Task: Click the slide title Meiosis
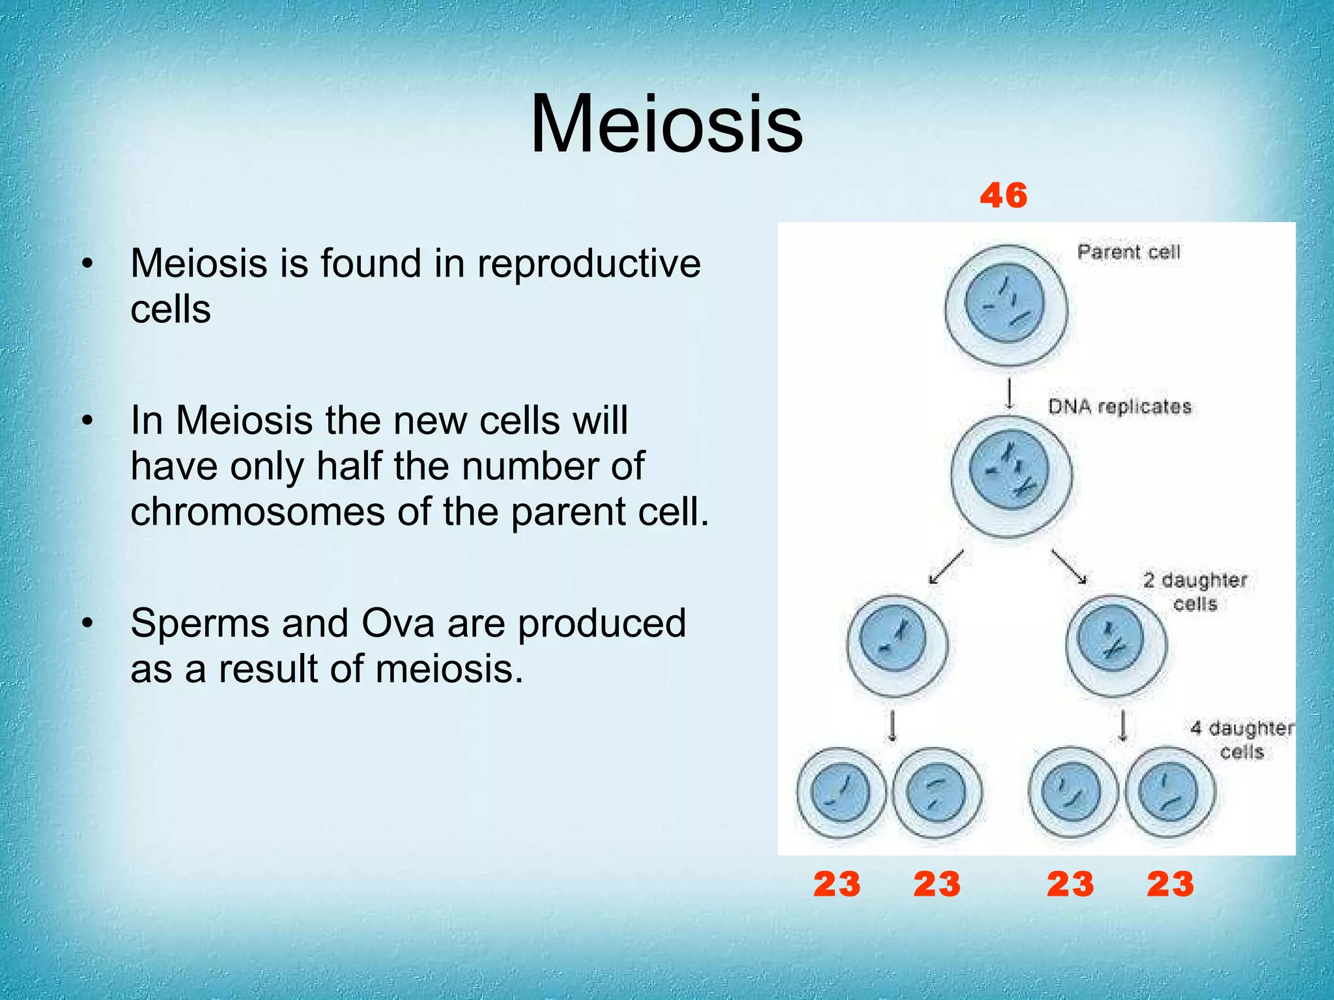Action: pyautogui.click(x=666, y=124)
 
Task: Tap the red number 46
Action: pyautogui.click(x=1003, y=195)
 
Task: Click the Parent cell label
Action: pyautogui.click(x=1128, y=252)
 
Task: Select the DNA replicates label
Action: pyautogui.click(x=1119, y=407)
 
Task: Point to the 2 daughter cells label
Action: pyautogui.click(x=1195, y=591)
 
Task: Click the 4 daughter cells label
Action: pyautogui.click(x=1242, y=740)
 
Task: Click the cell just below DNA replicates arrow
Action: pyautogui.click(x=1010, y=476)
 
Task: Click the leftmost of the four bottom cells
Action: pyautogui.click(x=841, y=792)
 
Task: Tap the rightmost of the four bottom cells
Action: pyautogui.click(x=1169, y=792)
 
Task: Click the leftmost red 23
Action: pyautogui.click(x=836, y=884)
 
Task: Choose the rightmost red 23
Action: pyautogui.click(x=1170, y=884)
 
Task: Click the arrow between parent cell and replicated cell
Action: pyautogui.click(x=1010, y=393)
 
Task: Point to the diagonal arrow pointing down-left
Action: pyautogui.click(x=946, y=566)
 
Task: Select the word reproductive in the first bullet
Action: pyautogui.click(x=589, y=264)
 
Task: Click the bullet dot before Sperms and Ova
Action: pyautogui.click(x=87, y=623)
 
